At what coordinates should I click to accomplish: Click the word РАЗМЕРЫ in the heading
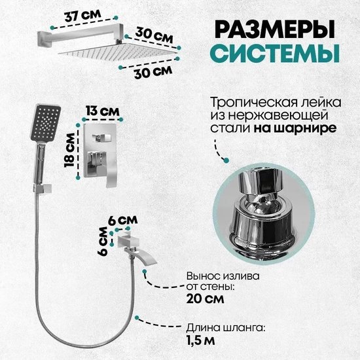click(275, 29)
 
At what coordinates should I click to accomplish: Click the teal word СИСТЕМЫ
click(275, 53)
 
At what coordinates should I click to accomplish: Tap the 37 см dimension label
click(82, 16)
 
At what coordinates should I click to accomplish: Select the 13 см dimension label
click(103, 111)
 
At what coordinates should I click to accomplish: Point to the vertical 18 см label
click(69, 150)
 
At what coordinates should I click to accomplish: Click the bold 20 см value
click(205, 299)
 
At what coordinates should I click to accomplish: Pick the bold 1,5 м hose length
click(201, 340)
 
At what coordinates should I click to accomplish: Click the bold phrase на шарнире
click(295, 128)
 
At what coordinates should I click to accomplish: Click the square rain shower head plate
click(118, 51)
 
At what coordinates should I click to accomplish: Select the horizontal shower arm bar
click(81, 35)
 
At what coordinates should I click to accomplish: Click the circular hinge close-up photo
click(263, 213)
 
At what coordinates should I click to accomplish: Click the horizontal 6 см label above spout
click(123, 220)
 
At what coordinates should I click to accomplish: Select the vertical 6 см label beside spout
click(102, 241)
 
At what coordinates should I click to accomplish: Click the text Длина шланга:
click(226, 329)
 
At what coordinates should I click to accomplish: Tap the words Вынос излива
click(223, 276)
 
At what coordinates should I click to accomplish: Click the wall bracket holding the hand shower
click(43, 189)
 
